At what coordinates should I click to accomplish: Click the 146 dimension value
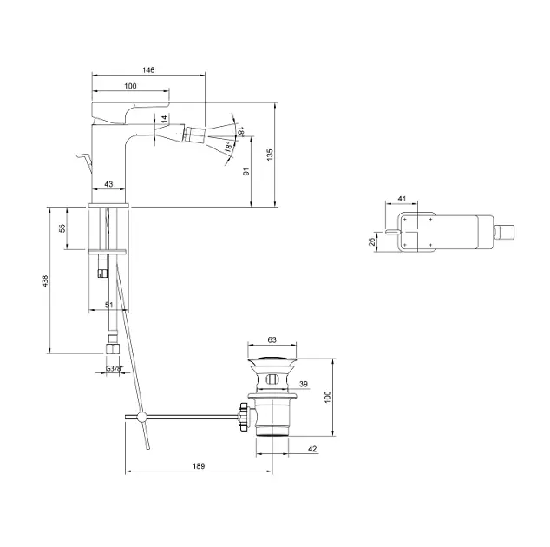[x=148, y=69]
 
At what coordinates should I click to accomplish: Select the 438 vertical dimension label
[x=45, y=280]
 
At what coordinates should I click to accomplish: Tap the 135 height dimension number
[x=270, y=155]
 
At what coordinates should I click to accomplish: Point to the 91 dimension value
[x=246, y=171]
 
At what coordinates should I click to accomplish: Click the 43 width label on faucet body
[x=108, y=183]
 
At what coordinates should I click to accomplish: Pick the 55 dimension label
[x=62, y=228]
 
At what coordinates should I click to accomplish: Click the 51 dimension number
[x=109, y=305]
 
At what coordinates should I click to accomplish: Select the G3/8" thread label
[x=115, y=369]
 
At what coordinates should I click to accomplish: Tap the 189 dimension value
[x=199, y=466]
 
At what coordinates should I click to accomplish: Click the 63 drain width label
[x=272, y=339]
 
